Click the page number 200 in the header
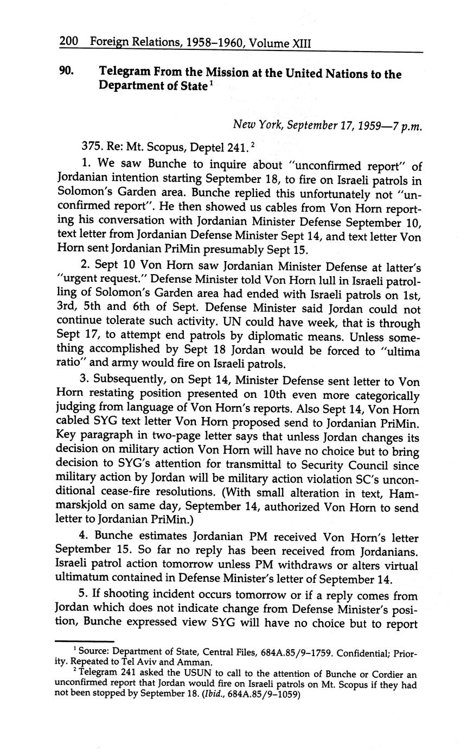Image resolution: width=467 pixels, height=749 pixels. click(x=69, y=41)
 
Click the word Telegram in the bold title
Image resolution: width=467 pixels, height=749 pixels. click(x=124, y=72)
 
